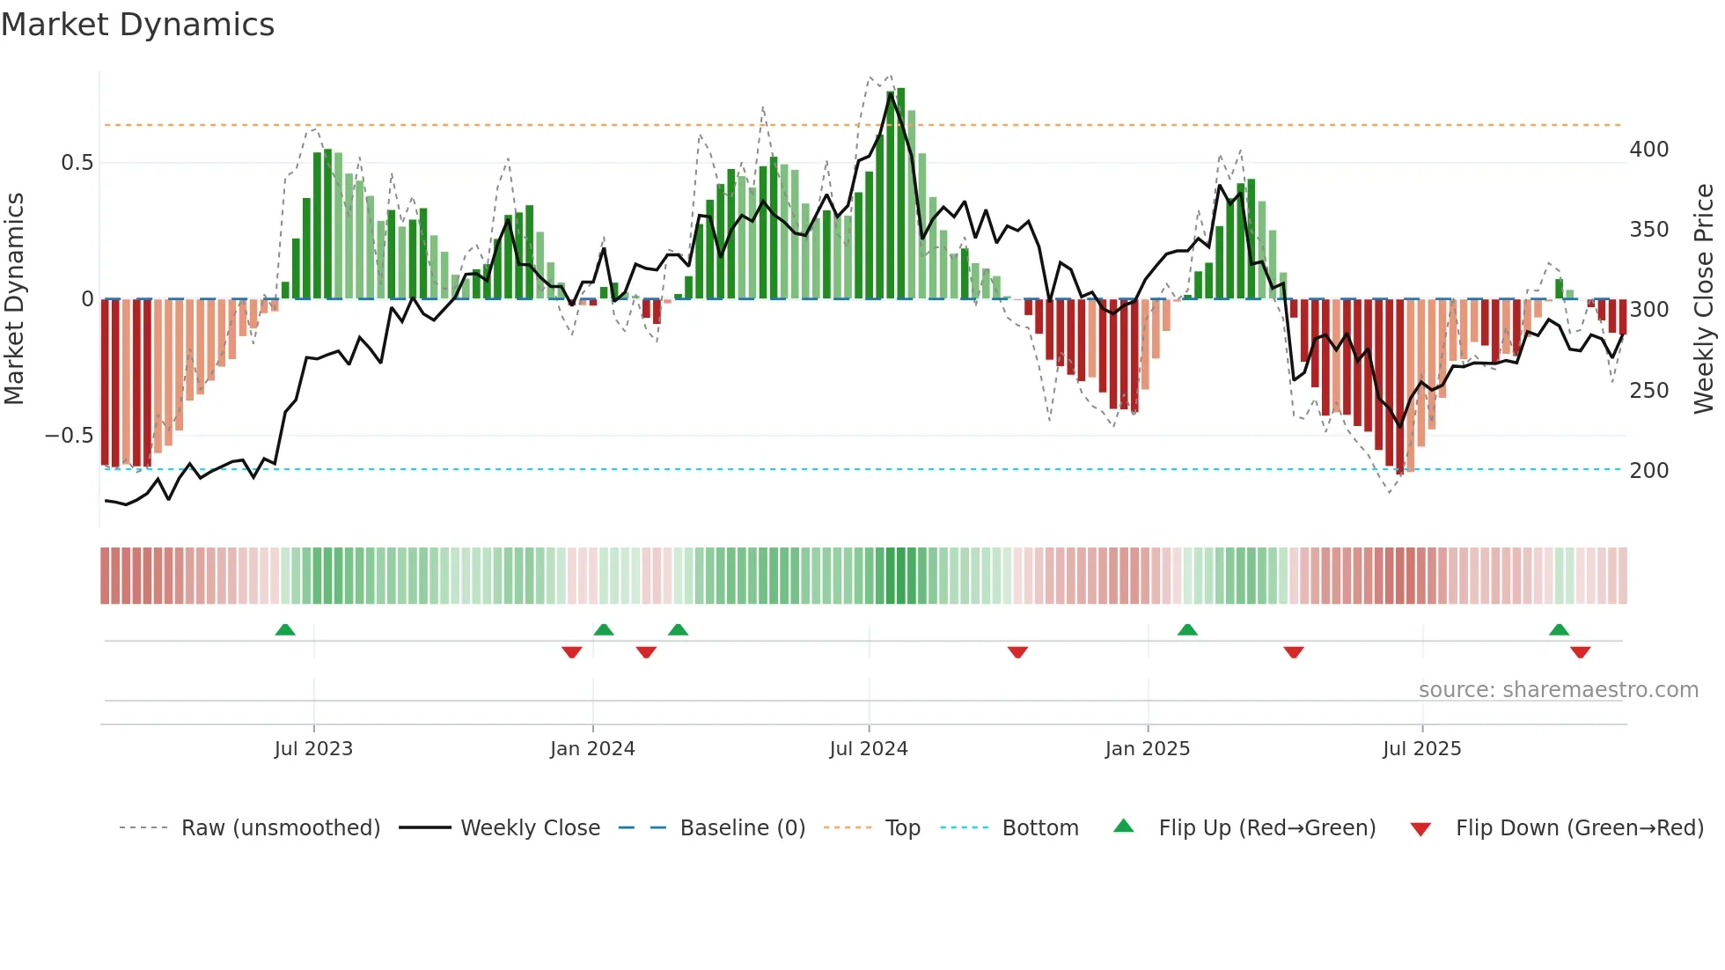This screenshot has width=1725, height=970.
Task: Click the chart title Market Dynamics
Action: (x=137, y=25)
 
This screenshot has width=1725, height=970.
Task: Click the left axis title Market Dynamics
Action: (x=14, y=298)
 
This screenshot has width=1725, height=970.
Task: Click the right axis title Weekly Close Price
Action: (x=1704, y=298)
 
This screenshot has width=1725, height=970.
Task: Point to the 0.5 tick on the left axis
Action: (x=77, y=163)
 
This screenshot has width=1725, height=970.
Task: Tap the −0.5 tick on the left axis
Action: (x=70, y=436)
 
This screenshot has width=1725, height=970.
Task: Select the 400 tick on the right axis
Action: (x=1648, y=150)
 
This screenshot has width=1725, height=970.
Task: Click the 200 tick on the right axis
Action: (x=1648, y=471)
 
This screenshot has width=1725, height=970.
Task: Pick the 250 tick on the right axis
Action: (x=1648, y=391)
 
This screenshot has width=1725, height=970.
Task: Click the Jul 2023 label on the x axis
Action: (x=313, y=749)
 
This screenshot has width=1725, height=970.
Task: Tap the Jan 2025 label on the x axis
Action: (x=1147, y=749)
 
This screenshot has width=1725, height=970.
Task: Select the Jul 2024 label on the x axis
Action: (x=868, y=749)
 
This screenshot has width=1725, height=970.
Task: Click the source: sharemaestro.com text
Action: (x=1558, y=690)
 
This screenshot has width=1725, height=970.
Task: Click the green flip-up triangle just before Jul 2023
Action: (x=285, y=629)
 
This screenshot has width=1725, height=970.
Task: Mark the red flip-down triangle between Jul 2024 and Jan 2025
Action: (x=1017, y=652)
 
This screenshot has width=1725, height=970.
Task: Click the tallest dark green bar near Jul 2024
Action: (x=900, y=194)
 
